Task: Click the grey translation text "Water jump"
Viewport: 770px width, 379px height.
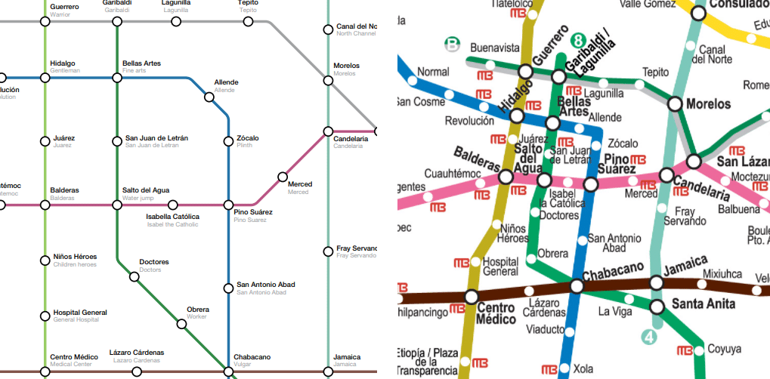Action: tap(138, 199)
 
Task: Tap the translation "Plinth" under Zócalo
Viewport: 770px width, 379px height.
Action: tap(245, 146)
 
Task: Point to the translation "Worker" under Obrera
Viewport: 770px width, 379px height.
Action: tap(197, 317)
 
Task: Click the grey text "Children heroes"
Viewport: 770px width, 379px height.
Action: tap(75, 265)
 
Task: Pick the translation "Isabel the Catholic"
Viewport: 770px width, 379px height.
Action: tap(172, 224)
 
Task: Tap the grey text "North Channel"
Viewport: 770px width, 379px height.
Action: tap(356, 34)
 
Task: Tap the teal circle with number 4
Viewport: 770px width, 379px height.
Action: tap(649, 337)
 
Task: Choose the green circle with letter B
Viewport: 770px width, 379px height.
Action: tap(452, 45)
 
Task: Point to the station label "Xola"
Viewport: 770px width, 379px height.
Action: tap(583, 369)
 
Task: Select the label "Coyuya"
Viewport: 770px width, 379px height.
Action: tap(724, 349)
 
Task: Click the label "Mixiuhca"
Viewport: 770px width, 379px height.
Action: tap(722, 274)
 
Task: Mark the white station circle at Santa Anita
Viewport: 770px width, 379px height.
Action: tap(657, 307)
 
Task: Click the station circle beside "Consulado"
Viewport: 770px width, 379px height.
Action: tap(698, 13)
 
